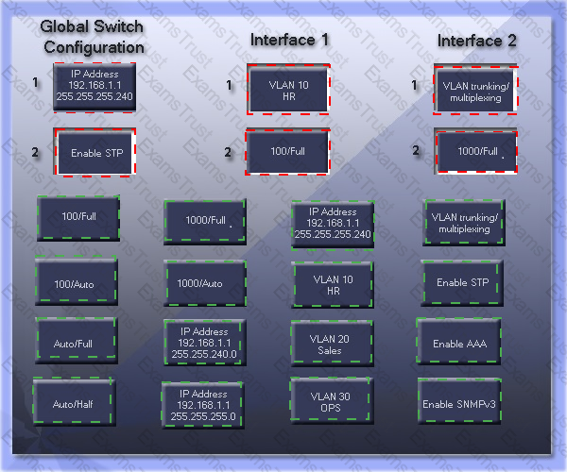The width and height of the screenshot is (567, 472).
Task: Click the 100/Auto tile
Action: click(x=76, y=280)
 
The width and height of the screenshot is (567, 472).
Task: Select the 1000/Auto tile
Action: click(x=205, y=283)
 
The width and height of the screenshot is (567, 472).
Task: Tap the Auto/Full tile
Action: click(x=76, y=340)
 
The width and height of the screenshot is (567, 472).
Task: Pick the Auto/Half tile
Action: click(x=74, y=401)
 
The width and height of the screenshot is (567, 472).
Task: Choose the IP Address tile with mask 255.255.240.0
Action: click(x=205, y=343)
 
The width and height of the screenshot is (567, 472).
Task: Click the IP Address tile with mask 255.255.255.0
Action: click(x=202, y=405)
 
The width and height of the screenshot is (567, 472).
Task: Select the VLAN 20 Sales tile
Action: click(x=332, y=343)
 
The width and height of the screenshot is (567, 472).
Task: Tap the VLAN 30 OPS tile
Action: click(x=332, y=400)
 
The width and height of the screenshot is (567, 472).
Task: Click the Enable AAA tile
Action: click(x=459, y=342)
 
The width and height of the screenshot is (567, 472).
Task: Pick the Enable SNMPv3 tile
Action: click(x=459, y=401)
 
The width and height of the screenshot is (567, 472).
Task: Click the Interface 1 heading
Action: click(x=289, y=40)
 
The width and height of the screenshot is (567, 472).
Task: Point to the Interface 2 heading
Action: click(x=476, y=41)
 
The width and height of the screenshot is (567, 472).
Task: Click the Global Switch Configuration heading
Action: click(x=93, y=37)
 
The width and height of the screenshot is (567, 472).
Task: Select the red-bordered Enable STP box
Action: click(x=94, y=152)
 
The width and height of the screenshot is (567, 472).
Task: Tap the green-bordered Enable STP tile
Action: click(x=462, y=283)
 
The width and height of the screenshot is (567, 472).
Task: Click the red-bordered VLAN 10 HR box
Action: click(x=288, y=90)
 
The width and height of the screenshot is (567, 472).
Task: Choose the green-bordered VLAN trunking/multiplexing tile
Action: click(x=464, y=223)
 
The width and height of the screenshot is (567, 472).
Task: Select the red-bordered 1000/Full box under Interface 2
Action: click(x=475, y=151)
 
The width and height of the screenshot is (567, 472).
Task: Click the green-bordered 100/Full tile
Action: click(x=78, y=218)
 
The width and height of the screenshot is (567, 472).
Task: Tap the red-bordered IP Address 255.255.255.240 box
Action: click(x=94, y=87)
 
